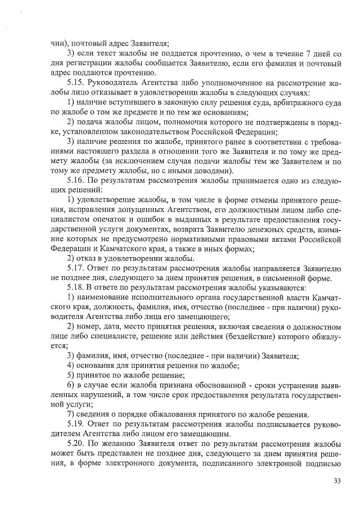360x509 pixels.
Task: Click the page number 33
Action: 337,480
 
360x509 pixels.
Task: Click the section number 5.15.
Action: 75,82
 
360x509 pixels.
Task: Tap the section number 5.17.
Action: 75,269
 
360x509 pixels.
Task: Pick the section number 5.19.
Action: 75,426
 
